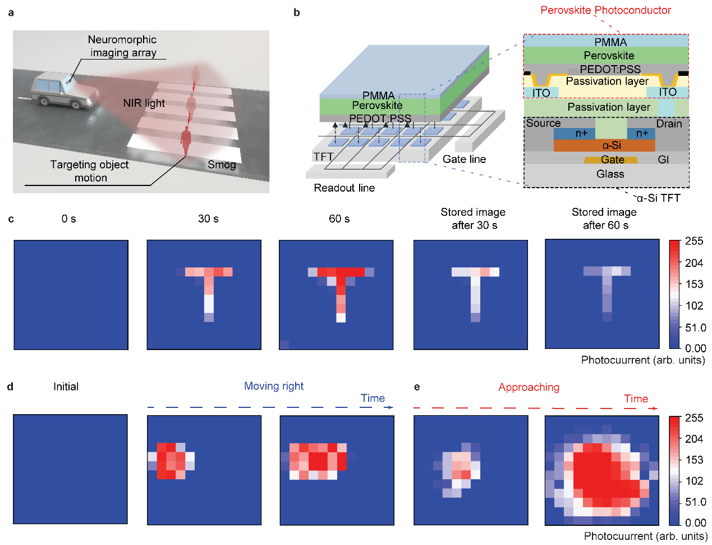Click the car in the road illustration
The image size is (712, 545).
65,90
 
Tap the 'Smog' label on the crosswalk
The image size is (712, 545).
222,165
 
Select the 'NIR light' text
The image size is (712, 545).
144,103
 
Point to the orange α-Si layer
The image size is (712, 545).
604,145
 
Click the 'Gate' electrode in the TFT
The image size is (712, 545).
611,160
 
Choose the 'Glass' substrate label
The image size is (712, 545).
610,174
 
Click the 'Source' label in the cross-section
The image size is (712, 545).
543,123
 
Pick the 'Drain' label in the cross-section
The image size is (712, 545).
669,124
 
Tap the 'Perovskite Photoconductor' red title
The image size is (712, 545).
605,10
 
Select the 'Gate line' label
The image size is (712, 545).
464,159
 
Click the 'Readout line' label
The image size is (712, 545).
344,188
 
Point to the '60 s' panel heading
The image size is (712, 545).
339,219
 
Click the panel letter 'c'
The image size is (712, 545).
11,219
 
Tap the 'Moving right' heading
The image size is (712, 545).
274,386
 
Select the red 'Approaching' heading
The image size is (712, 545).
529,387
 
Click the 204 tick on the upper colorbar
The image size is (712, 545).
694,262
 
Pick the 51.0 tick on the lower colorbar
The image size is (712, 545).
696,502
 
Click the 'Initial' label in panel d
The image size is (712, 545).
66,387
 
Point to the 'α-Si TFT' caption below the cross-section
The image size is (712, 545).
658,198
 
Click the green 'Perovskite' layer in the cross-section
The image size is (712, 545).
606,56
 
